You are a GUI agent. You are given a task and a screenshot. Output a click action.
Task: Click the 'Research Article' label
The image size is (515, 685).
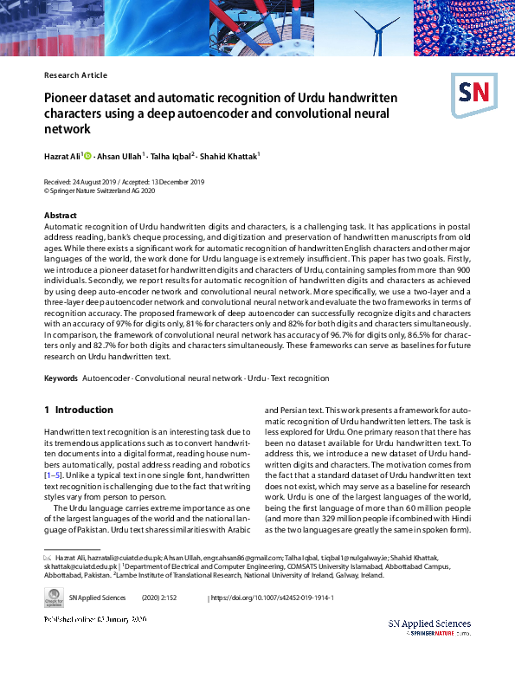click(75, 75)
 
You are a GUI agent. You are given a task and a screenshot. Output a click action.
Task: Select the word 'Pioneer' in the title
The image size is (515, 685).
click(67, 97)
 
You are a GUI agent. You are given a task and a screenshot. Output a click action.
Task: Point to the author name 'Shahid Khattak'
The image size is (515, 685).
click(229, 157)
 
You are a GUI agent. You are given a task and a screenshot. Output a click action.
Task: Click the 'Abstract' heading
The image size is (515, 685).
click(60, 215)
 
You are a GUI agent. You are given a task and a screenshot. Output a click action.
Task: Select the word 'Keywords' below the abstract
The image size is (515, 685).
click(60, 378)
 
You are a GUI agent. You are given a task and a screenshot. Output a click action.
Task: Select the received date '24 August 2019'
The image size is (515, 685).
click(101, 182)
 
